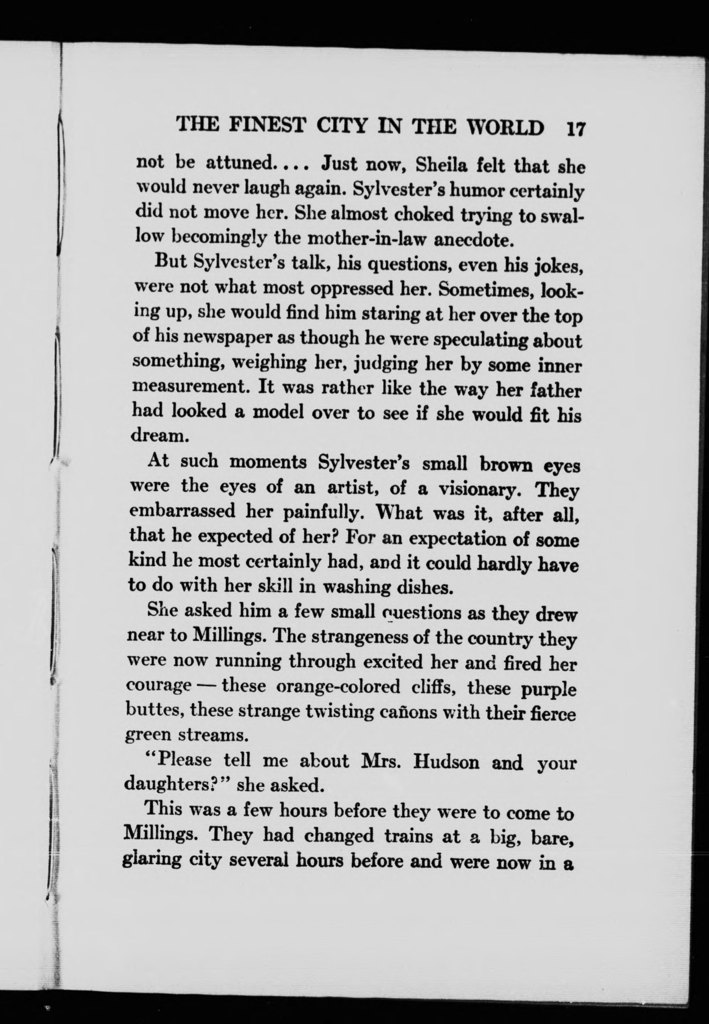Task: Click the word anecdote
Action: [x=473, y=241]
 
